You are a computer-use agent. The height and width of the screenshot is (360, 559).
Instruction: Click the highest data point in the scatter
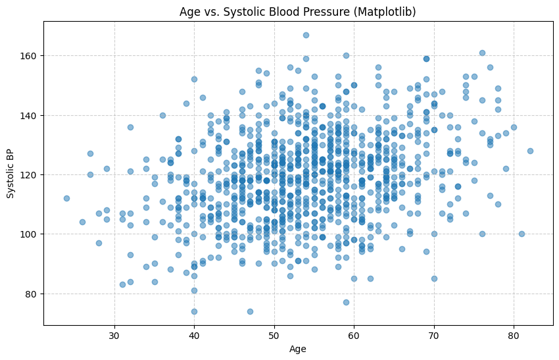(x=306, y=35)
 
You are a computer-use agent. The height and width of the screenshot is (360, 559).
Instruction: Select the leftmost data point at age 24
(x=66, y=198)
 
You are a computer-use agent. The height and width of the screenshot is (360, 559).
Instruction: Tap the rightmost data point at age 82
(x=530, y=151)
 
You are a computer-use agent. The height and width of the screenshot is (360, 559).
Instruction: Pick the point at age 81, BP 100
(x=522, y=234)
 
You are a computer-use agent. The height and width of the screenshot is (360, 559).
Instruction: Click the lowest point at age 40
(x=194, y=311)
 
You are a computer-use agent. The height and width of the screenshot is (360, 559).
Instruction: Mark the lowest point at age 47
(x=250, y=311)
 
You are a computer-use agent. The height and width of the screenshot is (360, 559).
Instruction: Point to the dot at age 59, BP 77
(x=346, y=302)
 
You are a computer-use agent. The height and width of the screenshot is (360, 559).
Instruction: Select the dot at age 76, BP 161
(x=482, y=53)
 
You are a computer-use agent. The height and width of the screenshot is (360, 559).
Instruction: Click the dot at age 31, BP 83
(x=122, y=284)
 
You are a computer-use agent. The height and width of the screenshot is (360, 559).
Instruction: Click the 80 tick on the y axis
(x=32, y=294)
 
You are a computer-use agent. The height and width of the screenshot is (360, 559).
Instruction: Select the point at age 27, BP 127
(x=90, y=153)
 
